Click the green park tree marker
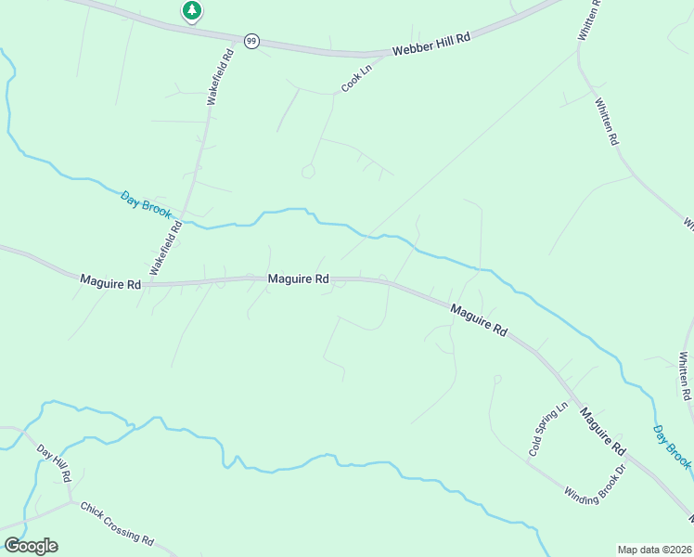[x=192, y=11]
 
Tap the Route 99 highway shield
[x=251, y=41]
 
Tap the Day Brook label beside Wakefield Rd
[x=146, y=204]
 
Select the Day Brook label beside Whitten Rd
[x=672, y=447]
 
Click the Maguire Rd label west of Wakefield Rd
[x=109, y=280]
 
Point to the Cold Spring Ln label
[x=547, y=429]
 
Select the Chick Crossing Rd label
[x=117, y=524]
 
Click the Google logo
[x=31, y=546]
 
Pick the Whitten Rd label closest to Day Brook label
[x=685, y=375]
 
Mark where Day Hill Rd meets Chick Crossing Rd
[x=71, y=502]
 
